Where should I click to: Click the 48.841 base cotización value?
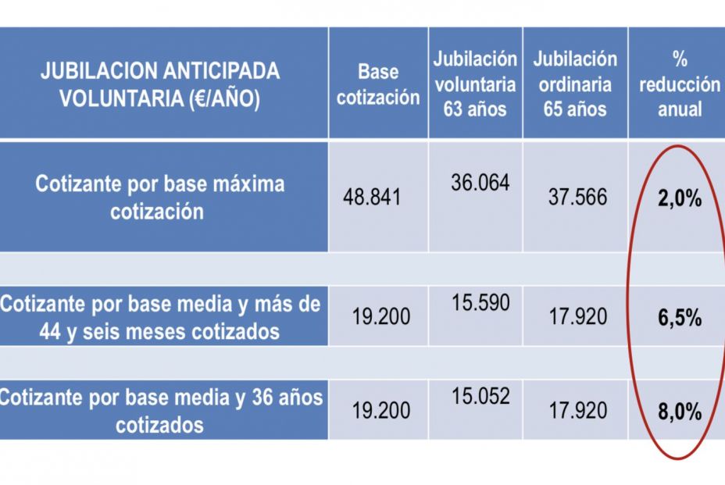pos(372,196)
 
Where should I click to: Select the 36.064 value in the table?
pos(480,183)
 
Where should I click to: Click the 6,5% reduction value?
pos(679,319)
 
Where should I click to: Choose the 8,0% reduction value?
pos(679,412)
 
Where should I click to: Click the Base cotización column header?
pos(378,84)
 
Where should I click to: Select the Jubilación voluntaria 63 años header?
pos(476,84)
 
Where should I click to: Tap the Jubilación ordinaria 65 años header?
pos(575,84)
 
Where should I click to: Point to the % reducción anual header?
pos(679,84)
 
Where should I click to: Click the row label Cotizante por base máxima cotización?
pos(160,198)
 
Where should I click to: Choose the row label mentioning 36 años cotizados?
pos(160,411)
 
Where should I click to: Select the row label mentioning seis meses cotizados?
pos(160,318)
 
